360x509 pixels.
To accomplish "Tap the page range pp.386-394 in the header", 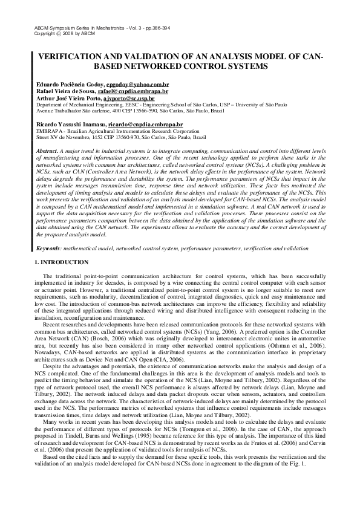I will tap(132, 28).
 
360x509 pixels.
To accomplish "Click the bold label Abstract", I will tap(47, 150).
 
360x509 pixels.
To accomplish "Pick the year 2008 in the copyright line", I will tap(64, 34).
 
